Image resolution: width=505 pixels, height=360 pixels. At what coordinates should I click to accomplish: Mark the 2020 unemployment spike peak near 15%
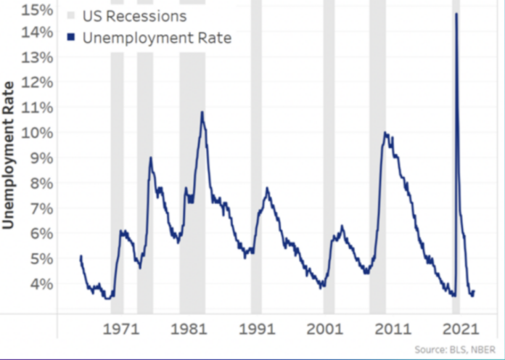[x=456, y=14]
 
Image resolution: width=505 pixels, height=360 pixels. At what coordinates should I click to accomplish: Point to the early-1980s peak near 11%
[x=202, y=112]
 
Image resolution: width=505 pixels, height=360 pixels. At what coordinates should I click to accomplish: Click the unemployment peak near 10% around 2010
[x=385, y=133]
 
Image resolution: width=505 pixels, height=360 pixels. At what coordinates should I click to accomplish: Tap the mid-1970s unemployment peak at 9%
[x=150, y=157]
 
